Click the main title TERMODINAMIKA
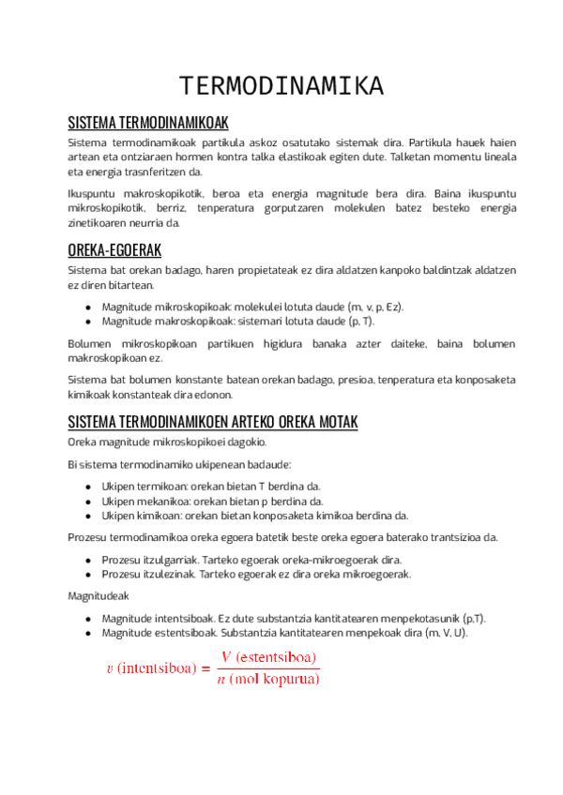281,85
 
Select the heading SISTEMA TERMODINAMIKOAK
148,123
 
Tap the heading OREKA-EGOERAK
115,250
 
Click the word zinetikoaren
98,223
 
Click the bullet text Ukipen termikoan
141,487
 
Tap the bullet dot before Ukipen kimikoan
87,515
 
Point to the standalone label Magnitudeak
99,596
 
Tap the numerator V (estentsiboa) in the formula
269,655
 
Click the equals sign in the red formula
205,668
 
